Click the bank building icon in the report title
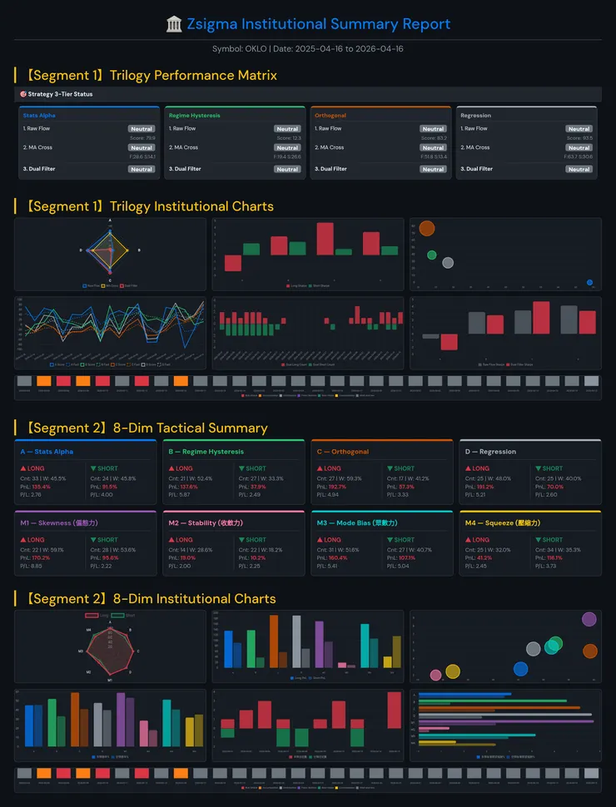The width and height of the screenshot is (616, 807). pyautogui.click(x=174, y=24)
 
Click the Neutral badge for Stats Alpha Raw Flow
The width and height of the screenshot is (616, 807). pyautogui.click(x=142, y=129)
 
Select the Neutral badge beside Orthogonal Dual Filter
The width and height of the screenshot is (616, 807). pyautogui.click(x=433, y=169)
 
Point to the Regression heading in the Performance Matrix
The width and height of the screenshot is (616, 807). pyautogui.click(x=475, y=116)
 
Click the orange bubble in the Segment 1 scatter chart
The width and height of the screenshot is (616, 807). pyautogui.click(x=427, y=228)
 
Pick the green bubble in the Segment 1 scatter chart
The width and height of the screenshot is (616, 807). pyautogui.click(x=431, y=255)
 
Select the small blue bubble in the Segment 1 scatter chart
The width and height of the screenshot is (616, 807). pyautogui.click(x=589, y=283)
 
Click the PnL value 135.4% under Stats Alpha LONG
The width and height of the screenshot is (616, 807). pyautogui.click(x=41, y=487)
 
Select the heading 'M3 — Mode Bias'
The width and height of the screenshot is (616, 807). pyautogui.click(x=356, y=522)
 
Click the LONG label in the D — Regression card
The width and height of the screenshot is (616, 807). pyautogui.click(x=480, y=469)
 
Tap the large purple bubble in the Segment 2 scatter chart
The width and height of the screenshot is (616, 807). pyautogui.click(x=589, y=619)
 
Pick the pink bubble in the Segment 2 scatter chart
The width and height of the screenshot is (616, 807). pyautogui.click(x=435, y=676)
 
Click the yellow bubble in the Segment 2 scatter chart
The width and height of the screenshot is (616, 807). pyautogui.click(x=452, y=671)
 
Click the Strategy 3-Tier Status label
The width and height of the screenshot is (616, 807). pyautogui.click(x=60, y=94)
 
